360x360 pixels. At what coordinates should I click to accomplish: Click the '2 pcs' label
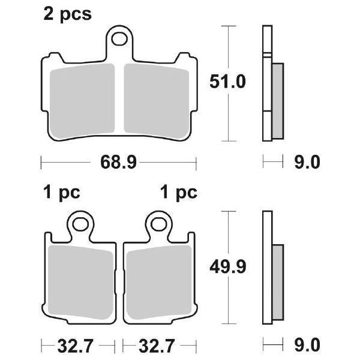(67, 14)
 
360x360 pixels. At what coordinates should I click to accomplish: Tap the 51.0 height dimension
(227, 82)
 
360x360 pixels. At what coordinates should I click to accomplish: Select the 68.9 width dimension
(118, 162)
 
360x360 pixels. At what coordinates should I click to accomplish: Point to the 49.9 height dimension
(228, 266)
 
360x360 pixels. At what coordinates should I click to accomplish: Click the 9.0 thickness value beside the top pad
(307, 162)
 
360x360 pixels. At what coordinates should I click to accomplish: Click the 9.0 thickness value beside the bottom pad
(307, 345)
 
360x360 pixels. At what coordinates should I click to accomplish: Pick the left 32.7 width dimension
(76, 346)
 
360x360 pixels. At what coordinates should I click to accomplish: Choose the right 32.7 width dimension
(157, 346)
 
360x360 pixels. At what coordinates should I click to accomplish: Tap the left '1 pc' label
(62, 192)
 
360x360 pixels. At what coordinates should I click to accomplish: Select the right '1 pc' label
(179, 192)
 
